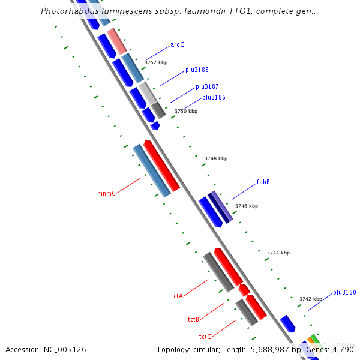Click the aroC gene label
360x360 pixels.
tap(177, 44)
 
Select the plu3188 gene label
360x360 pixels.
tap(197, 70)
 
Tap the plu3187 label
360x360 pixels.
tap(207, 87)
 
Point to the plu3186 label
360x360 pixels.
tap(214, 97)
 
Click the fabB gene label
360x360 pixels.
tap(263, 182)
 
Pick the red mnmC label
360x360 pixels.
tap(106, 194)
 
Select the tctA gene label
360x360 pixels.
tap(176, 296)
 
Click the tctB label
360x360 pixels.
tap(193, 319)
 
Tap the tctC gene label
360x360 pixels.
tap(205, 337)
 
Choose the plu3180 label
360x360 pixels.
tap(344, 293)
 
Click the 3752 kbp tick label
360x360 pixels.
tap(156, 62)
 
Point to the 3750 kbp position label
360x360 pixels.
tap(186, 111)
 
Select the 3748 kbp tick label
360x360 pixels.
tap(216, 158)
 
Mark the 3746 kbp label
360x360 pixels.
tap(247, 206)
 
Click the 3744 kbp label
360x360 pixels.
tap(278, 253)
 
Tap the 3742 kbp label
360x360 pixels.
tap(311, 299)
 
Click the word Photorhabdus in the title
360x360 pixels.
tap(67, 11)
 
